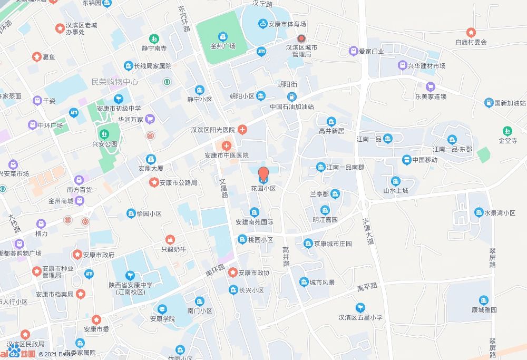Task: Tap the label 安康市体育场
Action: pyautogui.click(x=287, y=24)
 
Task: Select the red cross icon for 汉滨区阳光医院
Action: pyautogui.click(x=242, y=130)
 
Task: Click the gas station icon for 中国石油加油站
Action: pyautogui.click(x=291, y=97)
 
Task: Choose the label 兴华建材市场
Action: pyautogui.click(x=426, y=66)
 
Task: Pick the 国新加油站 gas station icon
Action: pyautogui.click(x=489, y=103)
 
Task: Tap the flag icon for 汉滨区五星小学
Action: pyautogui.click(x=360, y=307)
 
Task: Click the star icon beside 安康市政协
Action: pyautogui.click(x=232, y=273)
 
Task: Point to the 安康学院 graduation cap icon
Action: pyautogui.click(x=162, y=309)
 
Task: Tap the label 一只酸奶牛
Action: pyautogui.click(x=170, y=249)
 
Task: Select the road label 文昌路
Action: pyautogui.click(x=223, y=187)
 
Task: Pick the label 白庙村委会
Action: pyautogui.click(x=471, y=42)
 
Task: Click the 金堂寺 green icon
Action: pyautogui.click(x=508, y=131)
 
